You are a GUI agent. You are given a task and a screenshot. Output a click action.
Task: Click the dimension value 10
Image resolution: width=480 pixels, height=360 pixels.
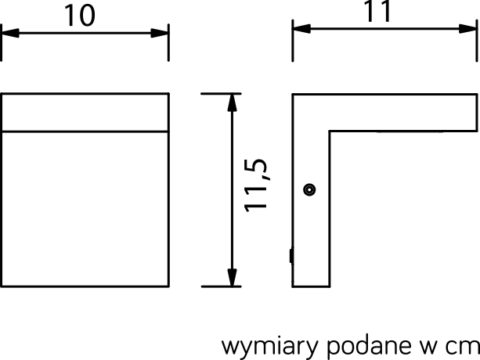(x=80, y=16)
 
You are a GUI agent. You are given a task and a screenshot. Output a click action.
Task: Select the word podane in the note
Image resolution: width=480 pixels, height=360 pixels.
(x=369, y=346)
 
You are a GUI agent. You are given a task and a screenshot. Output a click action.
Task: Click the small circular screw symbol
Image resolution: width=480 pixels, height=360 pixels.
(x=309, y=189)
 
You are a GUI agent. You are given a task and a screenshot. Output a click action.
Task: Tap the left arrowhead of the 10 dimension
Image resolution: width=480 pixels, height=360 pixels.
(x=10, y=33)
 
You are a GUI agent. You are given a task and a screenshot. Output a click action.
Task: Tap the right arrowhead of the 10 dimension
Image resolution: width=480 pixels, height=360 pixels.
(x=160, y=33)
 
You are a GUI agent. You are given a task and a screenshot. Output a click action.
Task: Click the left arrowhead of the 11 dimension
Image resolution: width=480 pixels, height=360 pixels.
(x=301, y=29)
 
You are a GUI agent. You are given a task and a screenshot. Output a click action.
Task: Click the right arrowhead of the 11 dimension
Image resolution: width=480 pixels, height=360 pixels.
(x=468, y=29)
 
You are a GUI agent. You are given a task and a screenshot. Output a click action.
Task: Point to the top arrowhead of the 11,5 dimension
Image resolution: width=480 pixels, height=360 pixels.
(x=233, y=103)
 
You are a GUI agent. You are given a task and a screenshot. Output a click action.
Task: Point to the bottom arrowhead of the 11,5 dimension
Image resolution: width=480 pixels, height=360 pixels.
(x=233, y=278)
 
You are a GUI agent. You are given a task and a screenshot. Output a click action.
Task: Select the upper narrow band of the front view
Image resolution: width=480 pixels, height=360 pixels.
(x=85, y=113)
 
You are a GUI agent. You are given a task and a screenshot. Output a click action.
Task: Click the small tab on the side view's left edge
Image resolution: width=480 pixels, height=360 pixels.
(x=291, y=256)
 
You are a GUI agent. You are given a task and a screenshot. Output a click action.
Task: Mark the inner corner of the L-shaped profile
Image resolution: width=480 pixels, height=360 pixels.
(x=330, y=131)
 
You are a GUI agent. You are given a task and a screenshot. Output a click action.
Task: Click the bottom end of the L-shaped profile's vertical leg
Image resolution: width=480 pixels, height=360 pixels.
(x=311, y=286)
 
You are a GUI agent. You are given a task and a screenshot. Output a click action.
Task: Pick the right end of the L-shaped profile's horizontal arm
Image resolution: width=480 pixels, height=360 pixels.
(x=477, y=113)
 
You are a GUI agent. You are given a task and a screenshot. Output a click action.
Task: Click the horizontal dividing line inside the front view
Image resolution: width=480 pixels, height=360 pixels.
(x=85, y=131)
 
